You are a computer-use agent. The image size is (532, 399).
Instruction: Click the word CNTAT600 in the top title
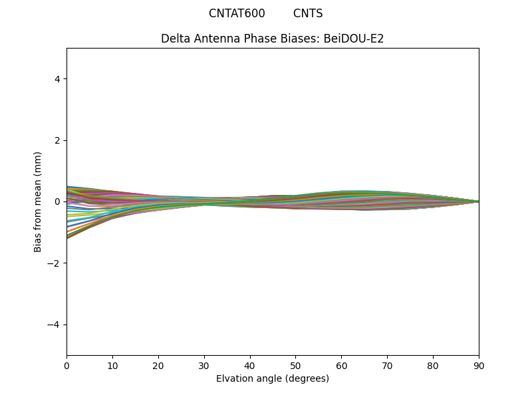[x=237, y=13]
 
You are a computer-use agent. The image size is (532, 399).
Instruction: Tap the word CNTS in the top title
[x=308, y=13]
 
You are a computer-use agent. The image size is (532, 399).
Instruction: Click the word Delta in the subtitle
[x=175, y=39]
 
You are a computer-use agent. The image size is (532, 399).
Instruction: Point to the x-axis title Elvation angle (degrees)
[x=273, y=378]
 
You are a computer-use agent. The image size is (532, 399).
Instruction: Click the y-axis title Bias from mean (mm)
[x=38, y=201]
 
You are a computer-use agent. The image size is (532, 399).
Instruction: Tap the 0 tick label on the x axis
[x=66, y=365]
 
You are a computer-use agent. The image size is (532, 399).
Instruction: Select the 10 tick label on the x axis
[x=112, y=365]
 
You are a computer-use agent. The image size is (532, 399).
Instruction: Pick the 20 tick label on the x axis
[x=158, y=365]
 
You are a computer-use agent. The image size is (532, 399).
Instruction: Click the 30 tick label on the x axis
[x=204, y=365]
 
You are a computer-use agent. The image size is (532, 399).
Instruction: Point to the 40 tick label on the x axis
[x=250, y=365]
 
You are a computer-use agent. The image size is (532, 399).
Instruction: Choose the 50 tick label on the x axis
[x=295, y=365]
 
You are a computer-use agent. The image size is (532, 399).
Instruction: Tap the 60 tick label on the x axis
[x=341, y=365]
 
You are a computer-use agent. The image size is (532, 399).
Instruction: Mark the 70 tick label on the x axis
[x=387, y=365]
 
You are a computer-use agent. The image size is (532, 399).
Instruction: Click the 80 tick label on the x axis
[x=433, y=365]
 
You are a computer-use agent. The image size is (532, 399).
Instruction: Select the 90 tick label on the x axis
[x=479, y=365]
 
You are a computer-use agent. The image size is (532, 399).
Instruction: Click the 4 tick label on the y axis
[x=57, y=78]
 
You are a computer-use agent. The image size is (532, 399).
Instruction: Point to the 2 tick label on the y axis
[x=57, y=140]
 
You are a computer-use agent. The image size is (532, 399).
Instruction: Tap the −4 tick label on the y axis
[x=55, y=325]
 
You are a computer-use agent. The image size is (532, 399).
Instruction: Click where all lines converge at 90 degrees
[x=478, y=201]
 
